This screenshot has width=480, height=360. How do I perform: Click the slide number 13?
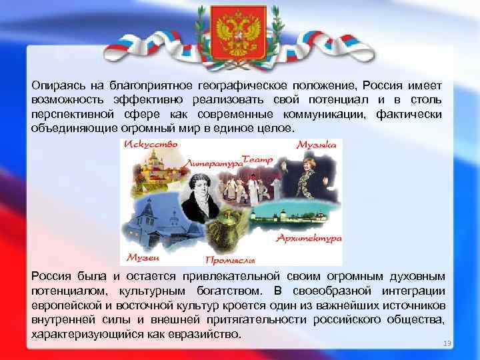click(447, 343)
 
